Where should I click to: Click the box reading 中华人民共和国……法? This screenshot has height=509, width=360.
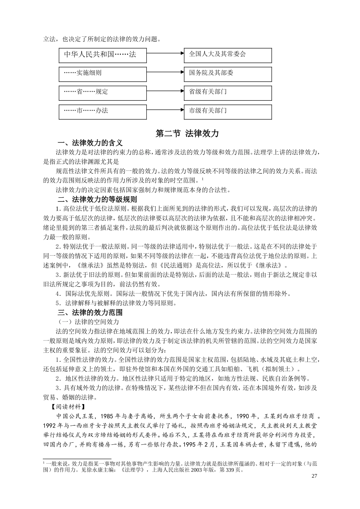(x=102, y=55)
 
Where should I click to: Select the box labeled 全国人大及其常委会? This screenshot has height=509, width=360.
(x=228, y=55)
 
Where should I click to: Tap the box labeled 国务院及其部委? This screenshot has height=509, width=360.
(x=228, y=74)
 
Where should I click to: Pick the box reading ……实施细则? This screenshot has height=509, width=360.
(x=102, y=74)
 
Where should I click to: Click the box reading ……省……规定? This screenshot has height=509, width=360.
(x=102, y=93)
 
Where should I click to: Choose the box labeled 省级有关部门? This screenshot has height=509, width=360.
(x=228, y=93)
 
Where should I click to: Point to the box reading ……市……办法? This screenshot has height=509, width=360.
(x=102, y=112)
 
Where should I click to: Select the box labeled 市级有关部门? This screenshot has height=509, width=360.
(x=228, y=112)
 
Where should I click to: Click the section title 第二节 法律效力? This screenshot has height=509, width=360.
(x=187, y=134)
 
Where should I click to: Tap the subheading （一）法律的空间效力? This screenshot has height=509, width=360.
(x=87, y=322)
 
